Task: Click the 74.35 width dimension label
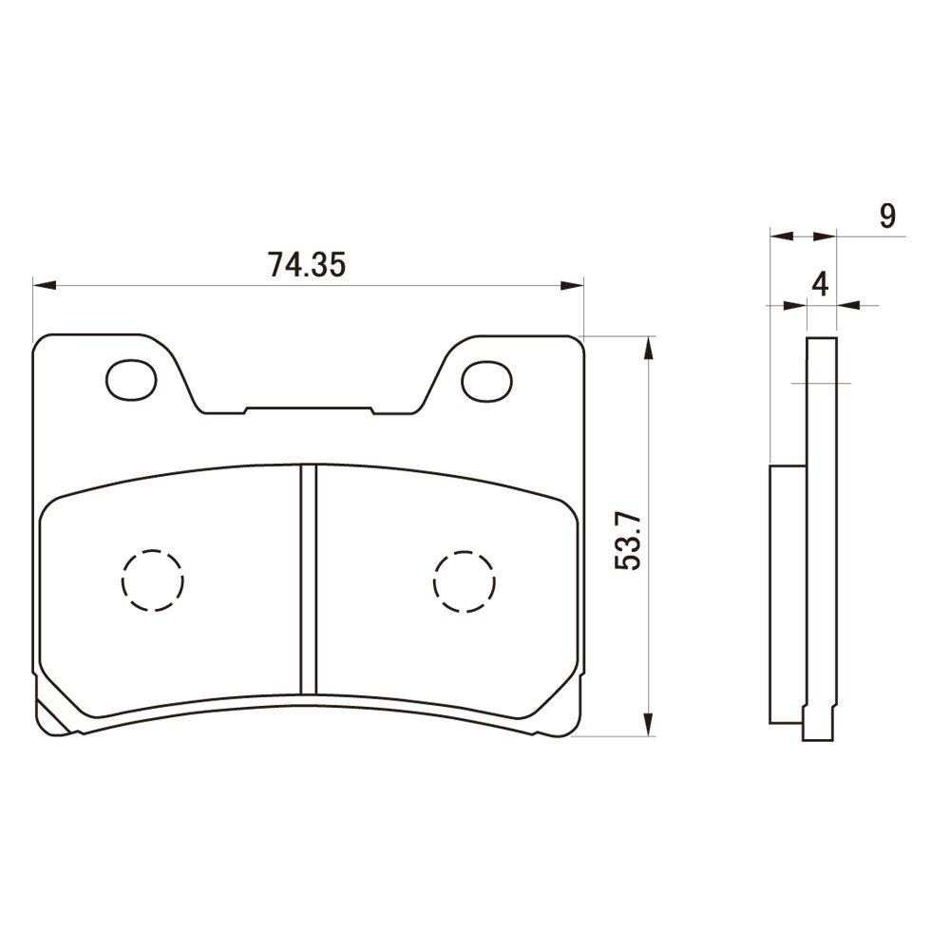[x=305, y=264]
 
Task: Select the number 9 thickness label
[x=887, y=217]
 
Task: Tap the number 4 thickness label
[x=822, y=285]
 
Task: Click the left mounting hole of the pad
[x=129, y=379]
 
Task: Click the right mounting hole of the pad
[x=486, y=379]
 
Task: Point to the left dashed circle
[x=152, y=579]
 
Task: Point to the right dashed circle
[x=464, y=579]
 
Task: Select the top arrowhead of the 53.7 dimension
[x=649, y=348]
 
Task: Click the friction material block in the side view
[x=788, y=594]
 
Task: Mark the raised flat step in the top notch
[x=309, y=409]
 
